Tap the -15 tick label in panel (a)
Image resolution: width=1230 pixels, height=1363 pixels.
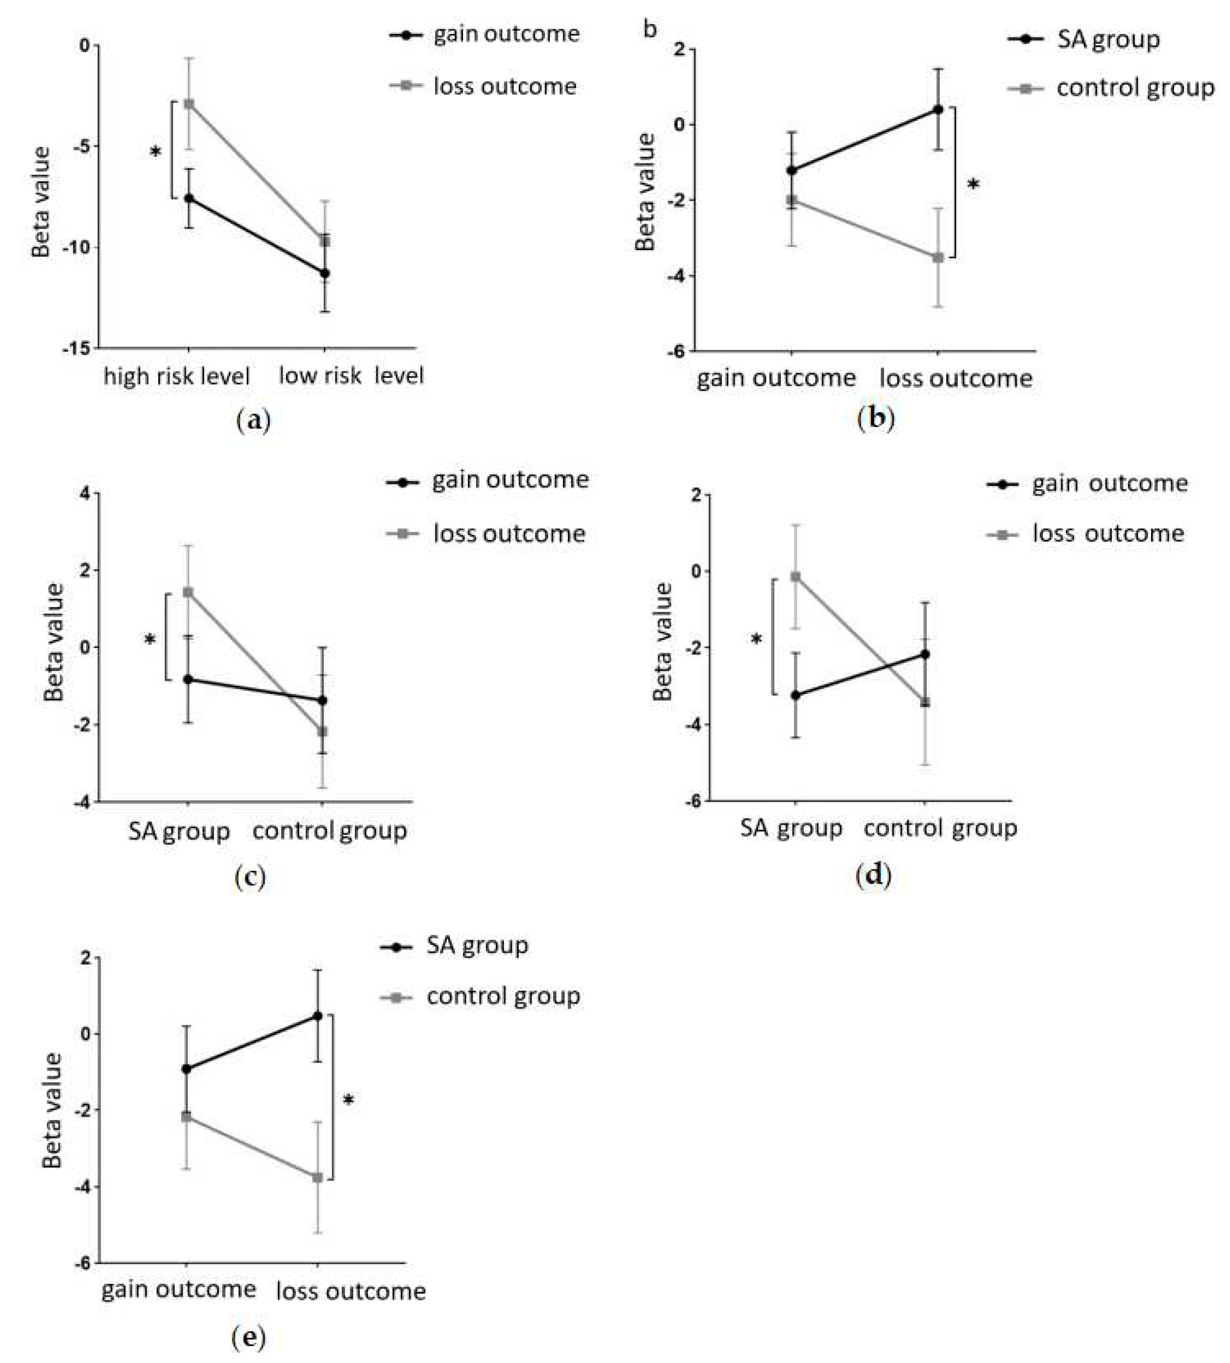tap(74, 348)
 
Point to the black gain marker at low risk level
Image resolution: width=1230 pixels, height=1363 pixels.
tap(325, 273)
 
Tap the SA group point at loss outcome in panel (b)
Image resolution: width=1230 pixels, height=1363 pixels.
tap(938, 109)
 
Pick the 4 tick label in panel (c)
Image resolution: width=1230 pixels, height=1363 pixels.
tap(84, 494)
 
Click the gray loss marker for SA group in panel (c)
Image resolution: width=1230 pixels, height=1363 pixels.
tap(188, 592)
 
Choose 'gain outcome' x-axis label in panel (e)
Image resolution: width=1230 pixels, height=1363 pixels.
tap(179, 1289)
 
